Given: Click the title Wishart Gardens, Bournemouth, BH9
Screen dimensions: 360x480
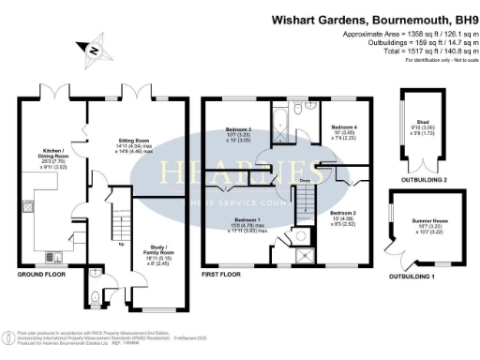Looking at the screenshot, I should tap(370, 18).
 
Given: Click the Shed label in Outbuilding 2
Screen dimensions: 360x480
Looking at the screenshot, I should tap(423, 122).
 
